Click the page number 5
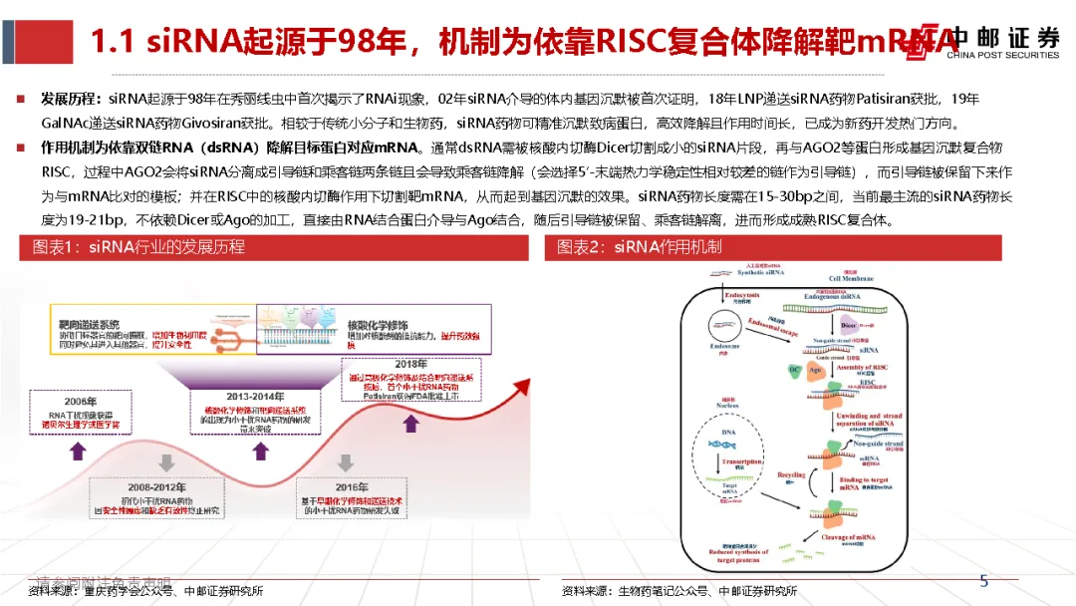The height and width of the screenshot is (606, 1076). tap(983, 581)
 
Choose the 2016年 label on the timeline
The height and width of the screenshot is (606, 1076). tap(345, 486)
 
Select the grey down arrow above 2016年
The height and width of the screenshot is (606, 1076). tap(345, 462)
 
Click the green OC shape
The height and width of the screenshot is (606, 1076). tap(794, 370)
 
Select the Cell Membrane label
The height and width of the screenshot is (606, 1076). tap(844, 278)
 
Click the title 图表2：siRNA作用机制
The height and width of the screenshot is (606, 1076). tap(639, 246)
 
